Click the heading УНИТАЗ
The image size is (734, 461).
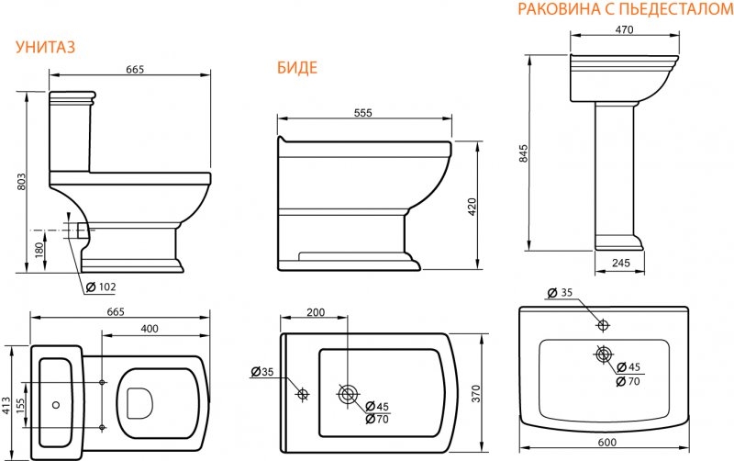pyautogui.click(x=45, y=48)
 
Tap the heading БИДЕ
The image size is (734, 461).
pyautogui.click(x=297, y=68)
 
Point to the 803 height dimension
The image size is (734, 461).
pyautogui.click(x=21, y=182)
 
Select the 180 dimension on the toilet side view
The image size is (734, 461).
pyautogui.click(x=39, y=250)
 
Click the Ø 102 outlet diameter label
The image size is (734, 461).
pyautogui.click(x=101, y=287)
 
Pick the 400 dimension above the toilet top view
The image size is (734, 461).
pyautogui.click(x=150, y=329)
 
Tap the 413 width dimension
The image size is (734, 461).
pyautogui.click(x=6, y=406)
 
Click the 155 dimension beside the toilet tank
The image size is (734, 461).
pyautogui.click(x=21, y=406)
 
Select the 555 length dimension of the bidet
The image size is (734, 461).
pyautogui.click(x=362, y=113)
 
